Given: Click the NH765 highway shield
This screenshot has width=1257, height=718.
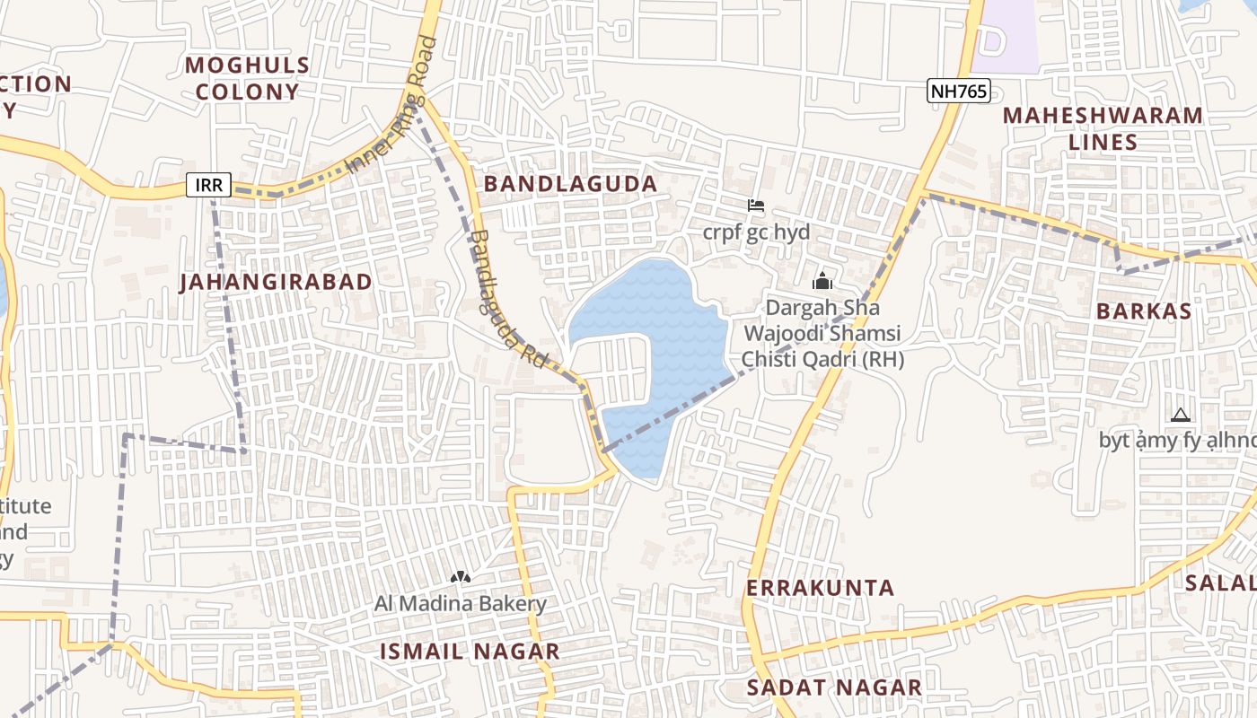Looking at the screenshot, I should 958,91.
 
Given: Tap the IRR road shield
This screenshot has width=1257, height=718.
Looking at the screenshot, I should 208,186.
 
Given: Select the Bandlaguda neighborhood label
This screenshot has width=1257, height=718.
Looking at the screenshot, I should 570,184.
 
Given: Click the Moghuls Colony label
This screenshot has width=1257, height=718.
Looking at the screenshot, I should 247,78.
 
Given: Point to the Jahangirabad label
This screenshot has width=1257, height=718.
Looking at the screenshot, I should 276,282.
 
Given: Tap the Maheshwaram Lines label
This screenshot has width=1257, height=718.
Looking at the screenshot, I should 1103,128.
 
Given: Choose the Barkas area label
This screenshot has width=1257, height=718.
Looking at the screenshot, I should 1143,311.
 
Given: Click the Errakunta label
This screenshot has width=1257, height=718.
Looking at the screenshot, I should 821,588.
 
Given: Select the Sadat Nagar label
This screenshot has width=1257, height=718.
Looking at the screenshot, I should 834,688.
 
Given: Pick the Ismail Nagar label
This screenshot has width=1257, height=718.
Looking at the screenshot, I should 470,652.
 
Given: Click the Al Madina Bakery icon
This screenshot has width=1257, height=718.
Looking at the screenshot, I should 461,577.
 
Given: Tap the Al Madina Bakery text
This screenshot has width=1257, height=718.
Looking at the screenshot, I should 461,604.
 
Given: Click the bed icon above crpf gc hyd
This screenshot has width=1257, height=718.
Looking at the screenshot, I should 755,206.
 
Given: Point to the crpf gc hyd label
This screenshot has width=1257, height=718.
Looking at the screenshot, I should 756,232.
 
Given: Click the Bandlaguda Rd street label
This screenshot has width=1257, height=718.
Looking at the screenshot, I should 507,299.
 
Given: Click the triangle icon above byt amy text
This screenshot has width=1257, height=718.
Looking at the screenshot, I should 1180,415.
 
